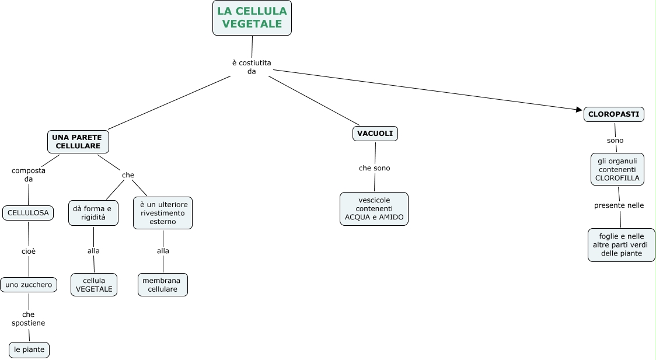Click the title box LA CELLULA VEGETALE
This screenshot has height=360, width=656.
252,18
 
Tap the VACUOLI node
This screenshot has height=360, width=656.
375,134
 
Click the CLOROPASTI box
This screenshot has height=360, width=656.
613,114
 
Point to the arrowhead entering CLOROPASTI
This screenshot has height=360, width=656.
580,110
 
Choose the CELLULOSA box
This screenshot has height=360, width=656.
28,213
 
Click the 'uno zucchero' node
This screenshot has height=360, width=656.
29,285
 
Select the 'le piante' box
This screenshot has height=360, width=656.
29,349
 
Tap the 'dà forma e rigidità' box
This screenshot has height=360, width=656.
93,213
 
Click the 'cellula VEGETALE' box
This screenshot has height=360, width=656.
94,285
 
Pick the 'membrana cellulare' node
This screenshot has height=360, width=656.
163,285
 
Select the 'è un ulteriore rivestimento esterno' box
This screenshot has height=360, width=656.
163,213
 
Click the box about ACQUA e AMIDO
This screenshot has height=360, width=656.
374,209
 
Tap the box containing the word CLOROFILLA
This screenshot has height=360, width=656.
617,169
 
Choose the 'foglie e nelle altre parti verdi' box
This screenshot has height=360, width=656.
621,245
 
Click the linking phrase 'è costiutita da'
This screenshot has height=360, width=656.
252,67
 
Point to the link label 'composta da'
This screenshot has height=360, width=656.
29,174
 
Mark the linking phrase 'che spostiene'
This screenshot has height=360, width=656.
28,319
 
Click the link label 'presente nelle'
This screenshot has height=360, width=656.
619,205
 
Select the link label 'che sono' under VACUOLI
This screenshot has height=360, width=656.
374,168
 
